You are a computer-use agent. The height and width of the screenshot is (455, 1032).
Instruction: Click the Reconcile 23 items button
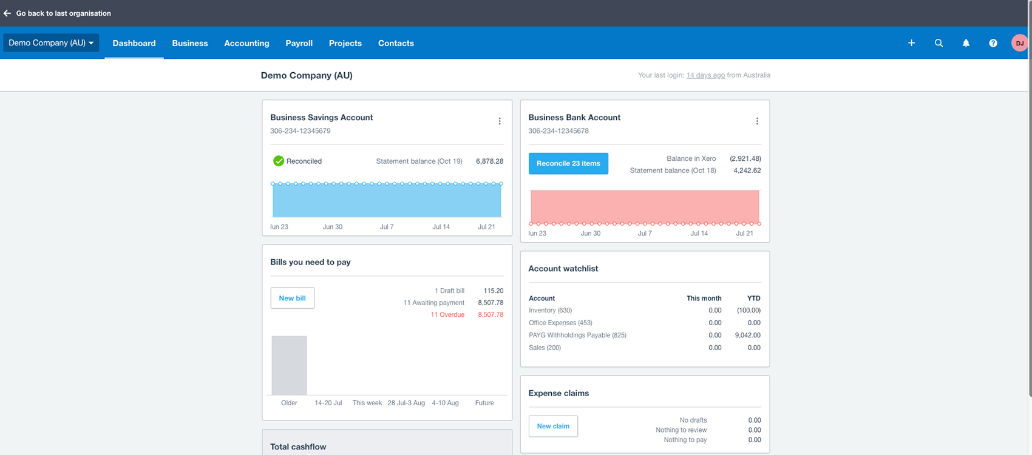[568, 163]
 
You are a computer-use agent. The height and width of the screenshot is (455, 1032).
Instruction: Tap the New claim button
[553, 426]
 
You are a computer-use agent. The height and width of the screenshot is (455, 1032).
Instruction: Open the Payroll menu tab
[299, 43]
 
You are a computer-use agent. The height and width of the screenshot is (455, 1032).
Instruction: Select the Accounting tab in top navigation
[246, 43]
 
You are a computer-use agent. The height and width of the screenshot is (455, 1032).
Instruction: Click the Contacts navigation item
[396, 43]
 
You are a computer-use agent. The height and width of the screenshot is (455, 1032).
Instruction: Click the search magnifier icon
[939, 43]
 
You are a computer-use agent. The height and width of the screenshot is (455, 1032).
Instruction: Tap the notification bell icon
[966, 43]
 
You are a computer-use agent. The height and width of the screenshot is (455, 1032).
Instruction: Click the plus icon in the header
[911, 43]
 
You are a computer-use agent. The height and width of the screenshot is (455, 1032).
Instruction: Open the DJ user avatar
[1019, 43]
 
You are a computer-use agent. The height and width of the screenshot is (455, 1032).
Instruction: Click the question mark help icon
[993, 43]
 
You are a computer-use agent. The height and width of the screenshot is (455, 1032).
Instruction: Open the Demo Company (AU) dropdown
[51, 42]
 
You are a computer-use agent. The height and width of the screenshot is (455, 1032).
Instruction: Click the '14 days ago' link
[705, 75]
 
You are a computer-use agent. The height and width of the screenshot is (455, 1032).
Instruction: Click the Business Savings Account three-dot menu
[500, 121]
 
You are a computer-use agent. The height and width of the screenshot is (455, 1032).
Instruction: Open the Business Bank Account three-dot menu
[757, 121]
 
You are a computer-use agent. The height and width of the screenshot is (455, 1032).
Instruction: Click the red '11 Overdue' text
[447, 314]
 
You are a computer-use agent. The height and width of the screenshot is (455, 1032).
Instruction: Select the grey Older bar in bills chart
[289, 365]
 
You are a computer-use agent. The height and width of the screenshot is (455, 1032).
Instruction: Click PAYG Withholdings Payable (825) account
[577, 335]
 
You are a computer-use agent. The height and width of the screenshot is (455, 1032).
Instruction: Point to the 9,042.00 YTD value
[747, 335]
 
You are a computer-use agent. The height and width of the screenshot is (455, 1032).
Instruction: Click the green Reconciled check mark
[279, 161]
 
